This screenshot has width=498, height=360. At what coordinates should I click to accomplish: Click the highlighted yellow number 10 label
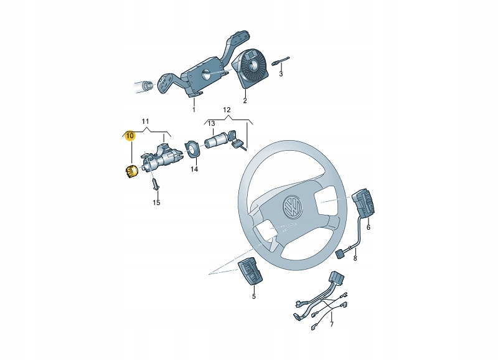(130, 136)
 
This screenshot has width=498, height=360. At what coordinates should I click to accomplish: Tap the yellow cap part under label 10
(130, 172)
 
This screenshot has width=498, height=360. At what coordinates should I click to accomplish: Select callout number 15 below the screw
(156, 202)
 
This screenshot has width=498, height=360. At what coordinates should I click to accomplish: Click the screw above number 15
(155, 184)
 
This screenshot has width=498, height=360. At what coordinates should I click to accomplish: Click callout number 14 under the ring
(194, 169)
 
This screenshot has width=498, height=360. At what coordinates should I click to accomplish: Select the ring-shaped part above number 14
(193, 149)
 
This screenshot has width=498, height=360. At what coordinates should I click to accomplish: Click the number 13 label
(211, 123)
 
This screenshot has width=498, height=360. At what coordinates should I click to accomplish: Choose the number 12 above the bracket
(227, 110)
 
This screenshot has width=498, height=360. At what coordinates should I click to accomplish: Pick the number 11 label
(145, 121)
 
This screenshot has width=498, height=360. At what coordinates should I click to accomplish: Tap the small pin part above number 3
(281, 61)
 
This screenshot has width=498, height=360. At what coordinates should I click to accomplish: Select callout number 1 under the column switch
(194, 110)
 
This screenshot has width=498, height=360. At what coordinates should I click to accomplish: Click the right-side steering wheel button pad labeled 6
(364, 203)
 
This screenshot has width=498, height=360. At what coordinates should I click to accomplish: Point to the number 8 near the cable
(355, 258)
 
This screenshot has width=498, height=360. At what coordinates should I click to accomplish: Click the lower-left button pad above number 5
(251, 271)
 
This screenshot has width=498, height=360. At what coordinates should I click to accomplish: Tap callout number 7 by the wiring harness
(332, 324)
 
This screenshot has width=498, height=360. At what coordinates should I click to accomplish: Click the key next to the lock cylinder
(236, 140)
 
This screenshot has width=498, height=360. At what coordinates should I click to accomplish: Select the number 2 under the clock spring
(245, 101)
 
